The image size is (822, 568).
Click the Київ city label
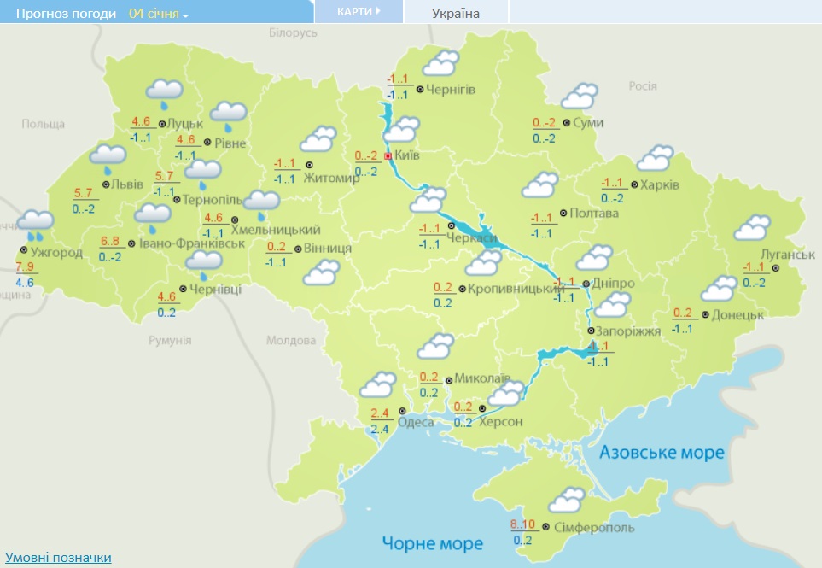tap(407, 156)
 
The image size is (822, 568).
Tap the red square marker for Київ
tap(388, 156)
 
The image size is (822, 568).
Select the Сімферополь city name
tap(595, 528)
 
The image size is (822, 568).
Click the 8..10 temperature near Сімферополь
tap(522, 524)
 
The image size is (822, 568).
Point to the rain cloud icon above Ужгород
tap(35, 225)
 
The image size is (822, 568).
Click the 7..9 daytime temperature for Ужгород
tap(25, 267)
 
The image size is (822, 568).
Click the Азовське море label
tap(662, 452)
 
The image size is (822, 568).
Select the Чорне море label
tap(432, 542)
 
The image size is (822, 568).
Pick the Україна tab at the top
tap(456, 13)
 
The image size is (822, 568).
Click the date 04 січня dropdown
tap(159, 14)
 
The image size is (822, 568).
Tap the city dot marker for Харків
tap(634, 184)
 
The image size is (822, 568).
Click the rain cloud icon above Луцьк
tap(164, 91)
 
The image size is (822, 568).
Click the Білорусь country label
tap(293, 32)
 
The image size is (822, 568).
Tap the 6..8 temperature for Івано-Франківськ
tap(110, 241)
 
